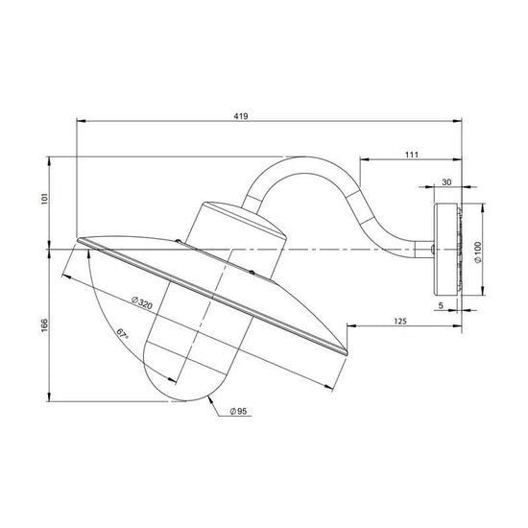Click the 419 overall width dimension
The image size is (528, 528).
241,116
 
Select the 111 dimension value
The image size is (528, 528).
411,155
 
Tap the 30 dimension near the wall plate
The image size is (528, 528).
446,182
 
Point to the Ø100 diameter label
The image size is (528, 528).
477,252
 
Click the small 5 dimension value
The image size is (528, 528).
442,305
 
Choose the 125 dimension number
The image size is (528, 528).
400,321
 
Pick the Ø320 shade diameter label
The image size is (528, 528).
142,302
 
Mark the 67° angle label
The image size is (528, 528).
123,333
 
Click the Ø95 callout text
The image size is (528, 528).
238,411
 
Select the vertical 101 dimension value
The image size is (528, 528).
44,199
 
